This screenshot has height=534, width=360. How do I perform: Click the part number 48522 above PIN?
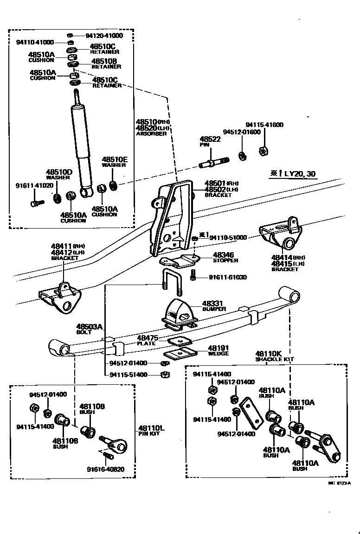point(210,139)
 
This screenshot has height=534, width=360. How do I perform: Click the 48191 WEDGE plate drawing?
point(180,354)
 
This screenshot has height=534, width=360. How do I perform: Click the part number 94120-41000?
point(104,36)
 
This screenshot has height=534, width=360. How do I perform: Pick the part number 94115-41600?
point(264,125)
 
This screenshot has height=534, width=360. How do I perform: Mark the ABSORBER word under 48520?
point(151,133)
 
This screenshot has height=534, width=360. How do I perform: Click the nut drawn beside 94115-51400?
point(164,375)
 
